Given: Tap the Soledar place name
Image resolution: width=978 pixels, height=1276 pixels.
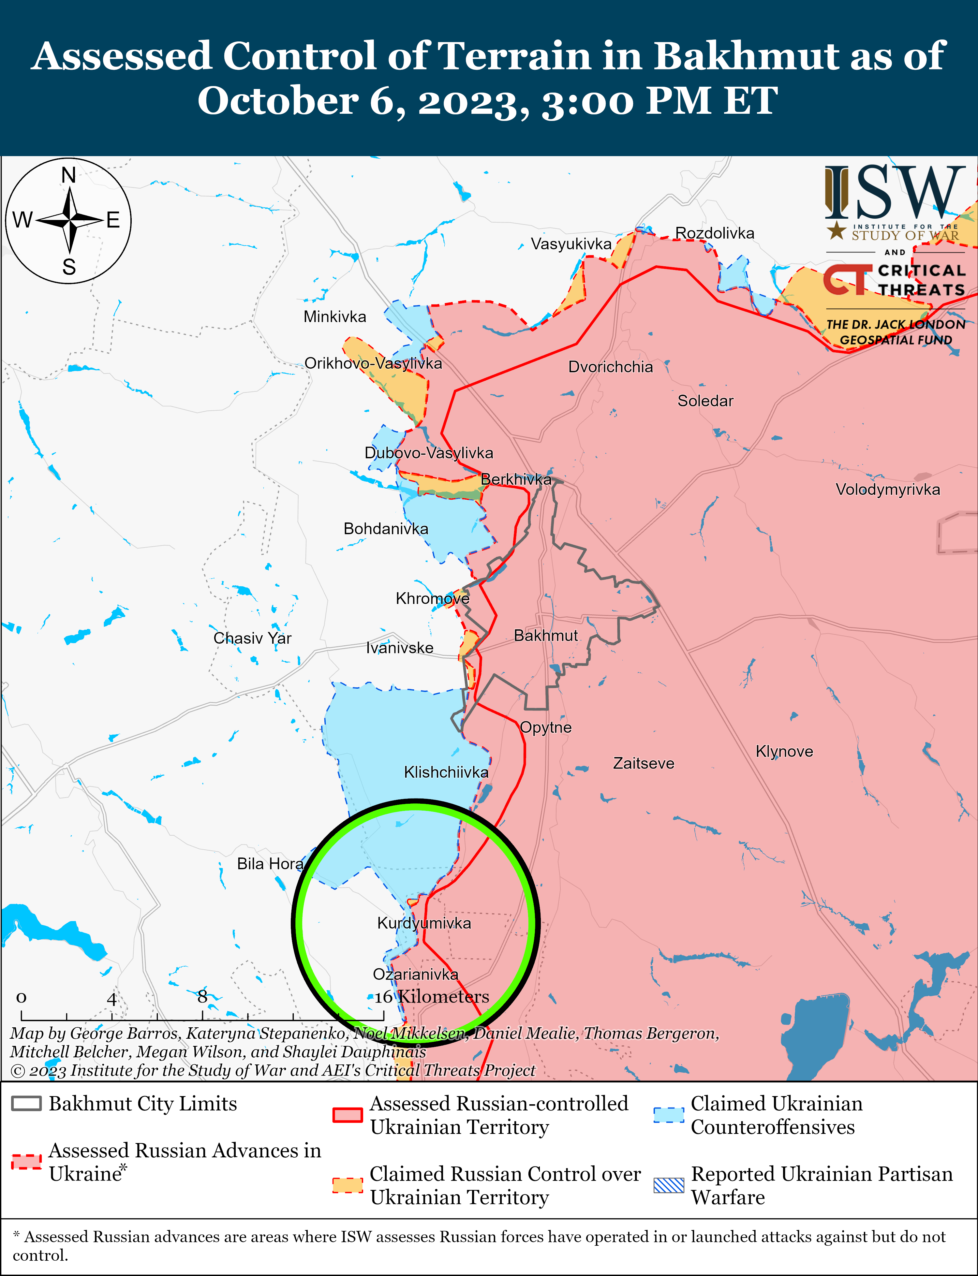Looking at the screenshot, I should [705, 401].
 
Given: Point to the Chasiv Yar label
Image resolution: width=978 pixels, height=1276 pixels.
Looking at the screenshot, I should [252, 638].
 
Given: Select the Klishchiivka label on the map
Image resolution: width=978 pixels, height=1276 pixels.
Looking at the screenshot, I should [446, 772].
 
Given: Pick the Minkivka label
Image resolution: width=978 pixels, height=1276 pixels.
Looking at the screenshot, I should [335, 317].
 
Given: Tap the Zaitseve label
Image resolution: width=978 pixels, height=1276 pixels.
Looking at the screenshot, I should [643, 763].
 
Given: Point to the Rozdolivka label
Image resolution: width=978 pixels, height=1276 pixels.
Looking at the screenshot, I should [714, 233].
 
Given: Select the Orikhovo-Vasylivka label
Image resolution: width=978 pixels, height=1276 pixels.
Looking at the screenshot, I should [373, 364].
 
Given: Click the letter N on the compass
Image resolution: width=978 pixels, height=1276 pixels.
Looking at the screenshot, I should [69, 175].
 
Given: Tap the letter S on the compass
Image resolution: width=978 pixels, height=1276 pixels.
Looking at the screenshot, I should [69, 267].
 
